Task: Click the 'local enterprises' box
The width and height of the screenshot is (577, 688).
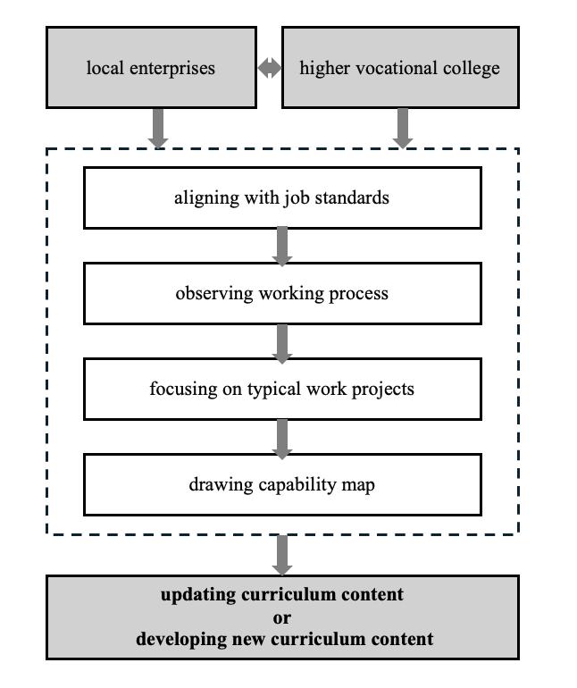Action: pos(151,68)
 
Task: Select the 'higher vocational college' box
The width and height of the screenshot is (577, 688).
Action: pos(400,68)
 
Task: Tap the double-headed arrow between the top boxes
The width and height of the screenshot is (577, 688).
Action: pos(270,68)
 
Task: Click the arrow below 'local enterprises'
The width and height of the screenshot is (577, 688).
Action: pos(158,128)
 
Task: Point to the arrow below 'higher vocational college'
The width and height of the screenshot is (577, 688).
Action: pos(403,128)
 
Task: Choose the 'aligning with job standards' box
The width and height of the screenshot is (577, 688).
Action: pos(282,197)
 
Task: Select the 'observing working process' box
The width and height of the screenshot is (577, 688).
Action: pos(282,293)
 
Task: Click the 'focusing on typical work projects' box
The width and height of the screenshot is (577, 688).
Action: pos(282,389)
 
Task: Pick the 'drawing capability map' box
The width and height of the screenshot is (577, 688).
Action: pos(282,484)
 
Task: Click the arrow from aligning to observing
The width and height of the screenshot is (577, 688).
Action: pos(282,246)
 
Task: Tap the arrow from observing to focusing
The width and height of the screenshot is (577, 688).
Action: pos(282,342)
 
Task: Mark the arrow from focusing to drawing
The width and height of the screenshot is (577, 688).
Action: pos(282,438)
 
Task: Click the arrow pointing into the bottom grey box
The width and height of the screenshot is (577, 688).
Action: pos(282,555)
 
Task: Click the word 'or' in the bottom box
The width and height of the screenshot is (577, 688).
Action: pos(282,617)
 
